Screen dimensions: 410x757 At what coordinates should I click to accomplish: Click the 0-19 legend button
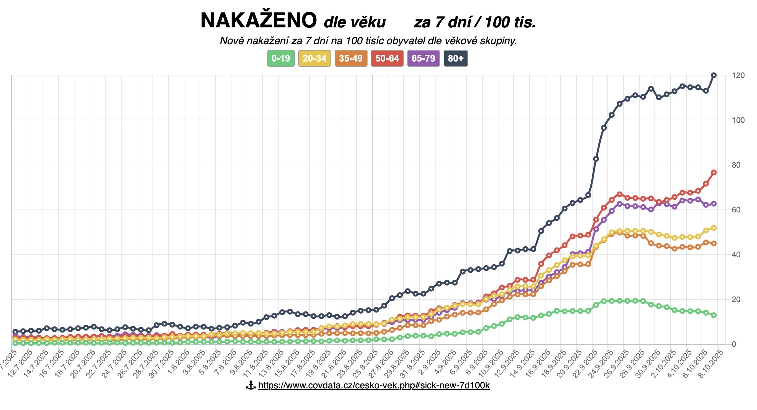(280, 58)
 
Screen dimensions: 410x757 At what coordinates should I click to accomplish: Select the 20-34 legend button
(314, 58)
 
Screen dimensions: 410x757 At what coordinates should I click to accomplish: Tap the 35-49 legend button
(351, 58)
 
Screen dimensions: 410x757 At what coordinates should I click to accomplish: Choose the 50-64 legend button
(387, 58)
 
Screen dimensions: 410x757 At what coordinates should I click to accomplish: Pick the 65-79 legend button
(423, 58)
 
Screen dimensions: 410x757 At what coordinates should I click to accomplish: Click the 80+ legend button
(456, 58)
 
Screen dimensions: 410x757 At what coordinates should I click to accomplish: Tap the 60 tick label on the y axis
(736, 210)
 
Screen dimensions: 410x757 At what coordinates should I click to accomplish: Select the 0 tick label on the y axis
(734, 344)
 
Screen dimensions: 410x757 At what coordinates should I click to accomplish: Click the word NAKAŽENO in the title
(259, 21)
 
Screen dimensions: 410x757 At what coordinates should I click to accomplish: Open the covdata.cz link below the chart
(374, 385)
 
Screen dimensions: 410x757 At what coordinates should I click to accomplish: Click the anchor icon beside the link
(251, 385)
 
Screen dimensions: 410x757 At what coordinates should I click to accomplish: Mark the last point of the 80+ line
(714, 75)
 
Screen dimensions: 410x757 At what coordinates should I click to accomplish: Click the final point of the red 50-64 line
(714, 172)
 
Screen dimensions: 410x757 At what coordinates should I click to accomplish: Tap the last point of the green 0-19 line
(714, 315)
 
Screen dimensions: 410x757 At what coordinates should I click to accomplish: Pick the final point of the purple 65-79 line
(714, 204)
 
